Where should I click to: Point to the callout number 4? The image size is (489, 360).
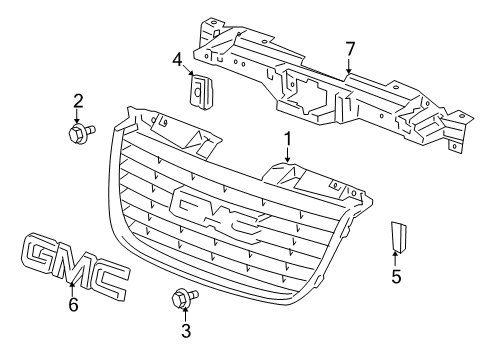[x=177, y=59]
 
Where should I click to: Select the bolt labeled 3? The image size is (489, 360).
[x=184, y=296]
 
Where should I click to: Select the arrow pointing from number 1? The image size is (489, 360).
[x=288, y=156]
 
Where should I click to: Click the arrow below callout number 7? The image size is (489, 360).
[x=349, y=66]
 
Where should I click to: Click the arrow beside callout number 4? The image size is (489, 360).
[x=188, y=72]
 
